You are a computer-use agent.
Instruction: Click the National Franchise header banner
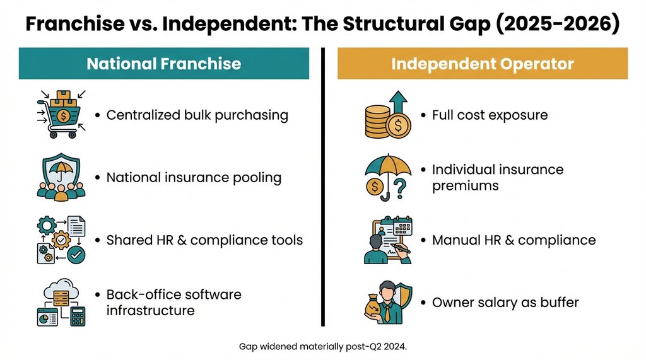pos(163,64)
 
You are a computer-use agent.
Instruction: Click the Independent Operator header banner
pos(482,64)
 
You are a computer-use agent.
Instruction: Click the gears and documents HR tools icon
pos(61,240)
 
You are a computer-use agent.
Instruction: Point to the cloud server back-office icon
pos(61,303)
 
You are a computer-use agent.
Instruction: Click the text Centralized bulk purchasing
pos(197,115)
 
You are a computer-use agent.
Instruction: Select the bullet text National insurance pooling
pos(194,178)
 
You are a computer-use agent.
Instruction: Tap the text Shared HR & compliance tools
pos(204,240)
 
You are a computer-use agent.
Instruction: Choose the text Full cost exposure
pos(490,115)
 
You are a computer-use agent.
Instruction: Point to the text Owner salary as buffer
pos(505,303)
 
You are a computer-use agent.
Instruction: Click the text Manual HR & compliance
pos(514,240)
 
